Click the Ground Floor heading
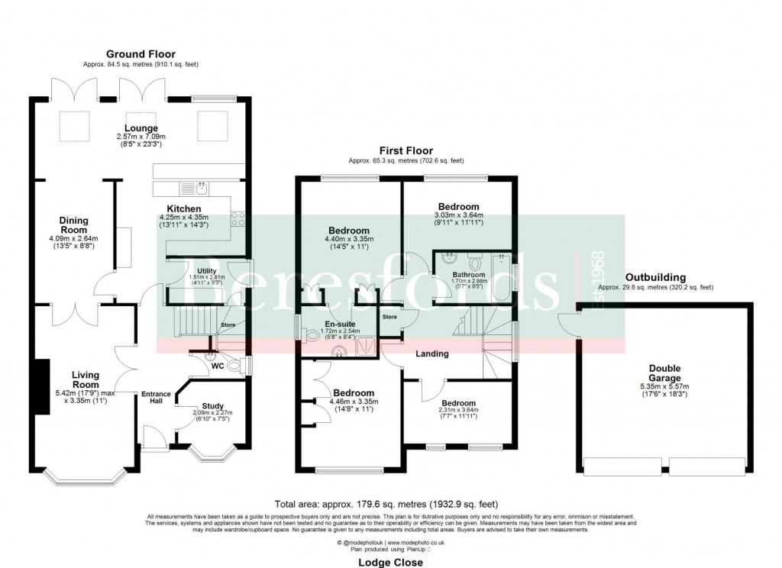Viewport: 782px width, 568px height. pos(141,54)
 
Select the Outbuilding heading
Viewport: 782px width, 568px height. pos(655,277)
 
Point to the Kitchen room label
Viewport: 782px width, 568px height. pos(184,208)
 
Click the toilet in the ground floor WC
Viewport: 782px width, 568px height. pos(244,367)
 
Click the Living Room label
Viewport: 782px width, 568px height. pos(86,379)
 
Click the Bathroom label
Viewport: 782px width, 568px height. pos(468,274)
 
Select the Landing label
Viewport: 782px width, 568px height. pos(431,354)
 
